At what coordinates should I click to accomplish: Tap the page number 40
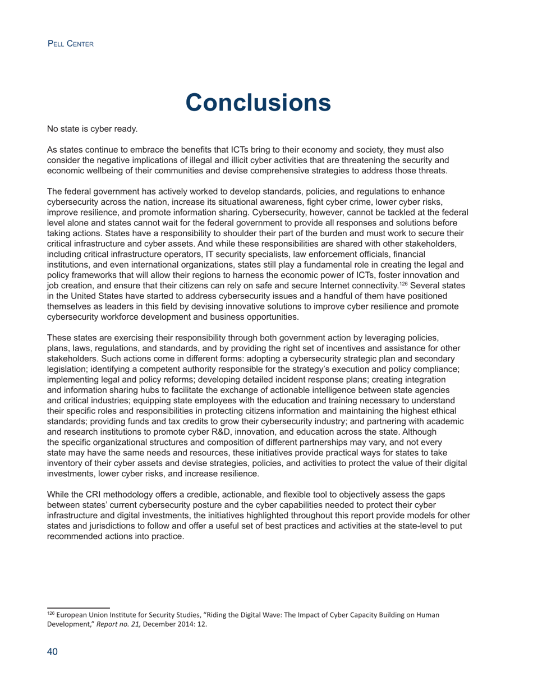52,652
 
